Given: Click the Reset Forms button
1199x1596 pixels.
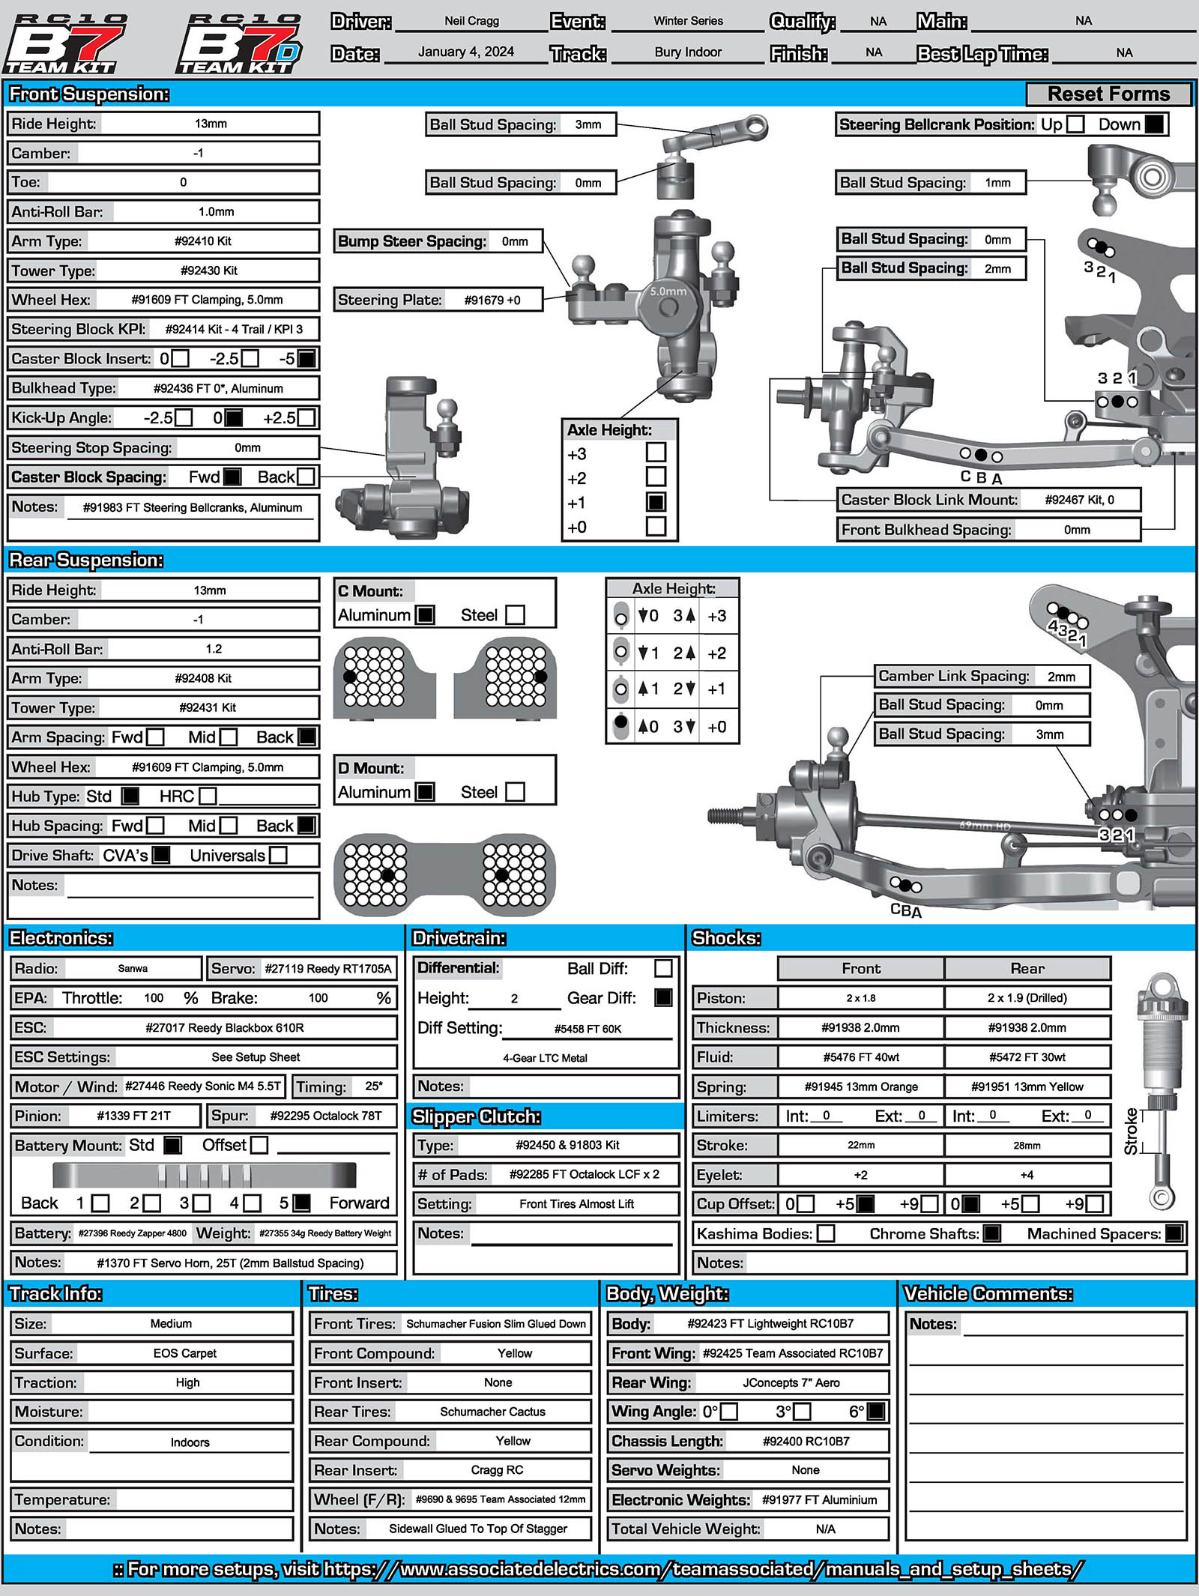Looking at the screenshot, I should point(1108,94).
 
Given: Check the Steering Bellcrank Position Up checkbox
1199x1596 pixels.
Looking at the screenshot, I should point(1075,124).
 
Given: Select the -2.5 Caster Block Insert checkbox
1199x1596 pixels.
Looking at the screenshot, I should point(250,358).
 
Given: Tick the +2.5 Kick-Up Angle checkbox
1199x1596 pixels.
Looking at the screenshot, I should point(306,417).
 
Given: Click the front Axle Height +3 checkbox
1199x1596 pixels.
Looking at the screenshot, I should point(656,452).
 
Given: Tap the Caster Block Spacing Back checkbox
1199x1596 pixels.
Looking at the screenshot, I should point(306,477).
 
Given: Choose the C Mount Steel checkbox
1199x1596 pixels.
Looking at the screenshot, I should point(515,615).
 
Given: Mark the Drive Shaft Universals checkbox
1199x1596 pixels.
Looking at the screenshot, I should point(278,855).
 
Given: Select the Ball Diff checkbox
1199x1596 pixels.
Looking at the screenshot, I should point(663,968).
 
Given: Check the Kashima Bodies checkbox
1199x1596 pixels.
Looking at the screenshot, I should point(826,1233).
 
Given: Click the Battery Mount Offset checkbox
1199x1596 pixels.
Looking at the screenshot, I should point(259,1145).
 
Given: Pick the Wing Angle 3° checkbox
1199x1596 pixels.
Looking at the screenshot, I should point(802,1412).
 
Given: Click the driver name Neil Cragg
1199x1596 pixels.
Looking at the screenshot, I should point(471,21).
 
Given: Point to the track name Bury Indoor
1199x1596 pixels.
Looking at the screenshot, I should point(687,52).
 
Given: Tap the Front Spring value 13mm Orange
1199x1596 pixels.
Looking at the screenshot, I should point(861,1086).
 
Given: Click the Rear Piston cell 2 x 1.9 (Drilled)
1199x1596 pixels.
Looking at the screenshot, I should point(1027,998).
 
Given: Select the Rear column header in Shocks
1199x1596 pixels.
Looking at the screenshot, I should point(1027,969).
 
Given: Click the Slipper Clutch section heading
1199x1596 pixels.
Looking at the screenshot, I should point(476,1116).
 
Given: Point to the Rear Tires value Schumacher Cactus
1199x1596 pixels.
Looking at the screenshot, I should point(492,1412).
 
